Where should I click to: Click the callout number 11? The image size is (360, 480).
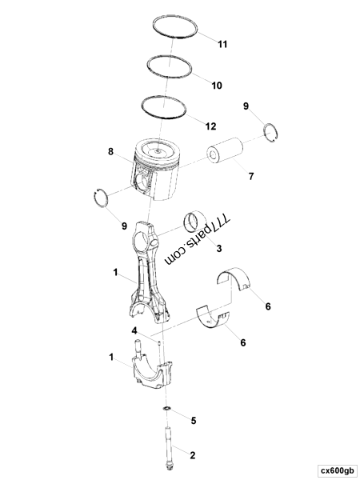(222, 44)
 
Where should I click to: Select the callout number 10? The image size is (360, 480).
(217, 85)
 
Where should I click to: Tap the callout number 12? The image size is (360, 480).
(210, 126)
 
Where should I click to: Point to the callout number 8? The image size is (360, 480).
(111, 150)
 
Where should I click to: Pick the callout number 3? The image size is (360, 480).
(218, 248)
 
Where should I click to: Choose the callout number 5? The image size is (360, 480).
(192, 419)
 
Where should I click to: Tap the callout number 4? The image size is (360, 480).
(135, 330)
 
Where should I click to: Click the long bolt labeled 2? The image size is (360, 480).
(170, 441)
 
